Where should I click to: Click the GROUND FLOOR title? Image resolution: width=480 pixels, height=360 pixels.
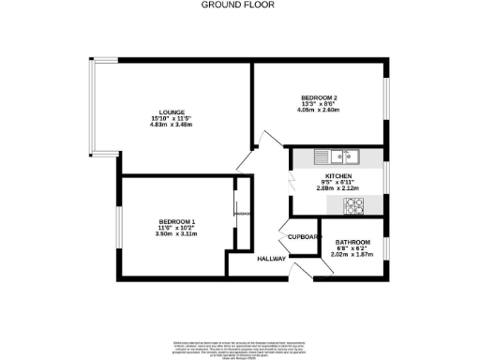point(240,5)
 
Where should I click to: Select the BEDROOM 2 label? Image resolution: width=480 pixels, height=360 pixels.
point(319,97)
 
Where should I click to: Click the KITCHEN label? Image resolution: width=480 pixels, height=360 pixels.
point(337,175)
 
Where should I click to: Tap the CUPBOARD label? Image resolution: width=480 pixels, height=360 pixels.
point(304,237)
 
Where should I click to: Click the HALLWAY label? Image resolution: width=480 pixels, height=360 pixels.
point(271,259)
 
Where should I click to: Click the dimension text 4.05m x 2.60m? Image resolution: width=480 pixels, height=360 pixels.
point(319,112)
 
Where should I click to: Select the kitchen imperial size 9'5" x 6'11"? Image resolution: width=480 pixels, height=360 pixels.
point(337,183)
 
